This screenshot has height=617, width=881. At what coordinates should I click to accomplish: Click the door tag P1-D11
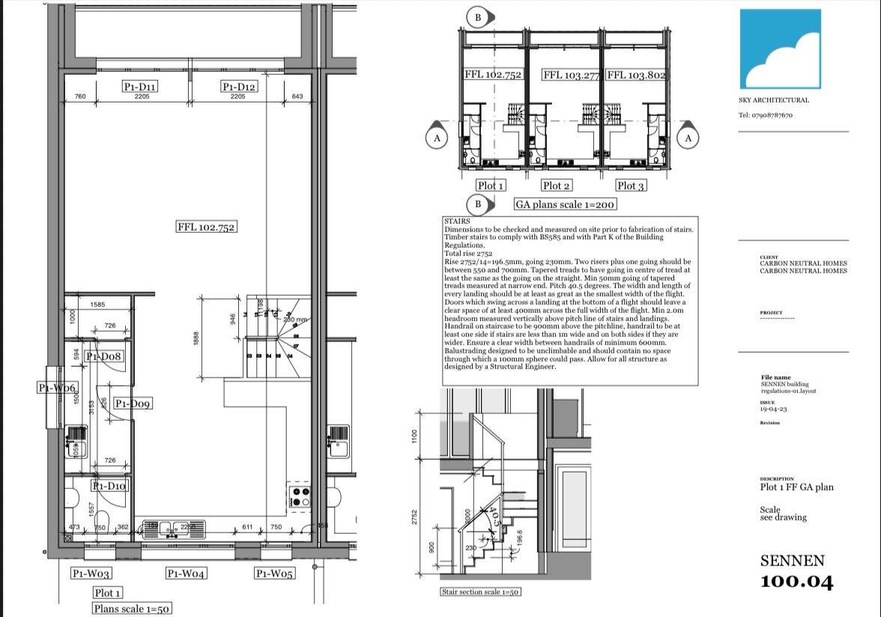pyautogui.click(x=139, y=87)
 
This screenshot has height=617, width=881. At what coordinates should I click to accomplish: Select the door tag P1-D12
pyautogui.click(x=239, y=87)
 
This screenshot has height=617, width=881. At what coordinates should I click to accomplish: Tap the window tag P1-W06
pyautogui.click(x=57, y=388)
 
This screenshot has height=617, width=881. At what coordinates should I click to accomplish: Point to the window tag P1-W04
pyautogui.click(x=186, y=574)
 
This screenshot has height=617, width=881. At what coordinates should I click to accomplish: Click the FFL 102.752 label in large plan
pyautogui.click(x=206, y=227)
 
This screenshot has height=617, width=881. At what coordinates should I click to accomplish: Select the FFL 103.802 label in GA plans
pyautogui.click(x=636, y=75)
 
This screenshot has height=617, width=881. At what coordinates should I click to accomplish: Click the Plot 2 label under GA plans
pyautogui.click(x=557, y=186)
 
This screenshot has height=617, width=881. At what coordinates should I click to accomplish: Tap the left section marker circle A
pyautogui.click(x=437, y=139)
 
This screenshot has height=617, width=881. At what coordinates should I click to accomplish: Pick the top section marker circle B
pyautogui.click(x=476, y=16)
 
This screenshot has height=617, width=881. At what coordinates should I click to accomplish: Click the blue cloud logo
pyautogui.click(x=781, y=49)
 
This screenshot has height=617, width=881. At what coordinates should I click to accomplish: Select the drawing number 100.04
pyautogui.click(x=796, y=582)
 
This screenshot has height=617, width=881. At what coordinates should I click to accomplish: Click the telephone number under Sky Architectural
pyautogui.click(x=766, y=115)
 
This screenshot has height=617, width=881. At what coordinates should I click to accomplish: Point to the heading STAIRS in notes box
pyautogui.click(x=456, y=222)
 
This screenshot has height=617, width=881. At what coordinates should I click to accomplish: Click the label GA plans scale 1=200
pyautogui.click(x=565, y=204)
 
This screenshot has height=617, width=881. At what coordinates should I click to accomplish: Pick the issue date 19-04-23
pyautogui.click(x=773, y=410)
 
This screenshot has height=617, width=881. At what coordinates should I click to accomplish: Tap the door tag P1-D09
pyautogui.click(x=133, y=404)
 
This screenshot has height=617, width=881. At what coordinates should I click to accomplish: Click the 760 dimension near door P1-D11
pyautogui.click(x=81, y=97)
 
